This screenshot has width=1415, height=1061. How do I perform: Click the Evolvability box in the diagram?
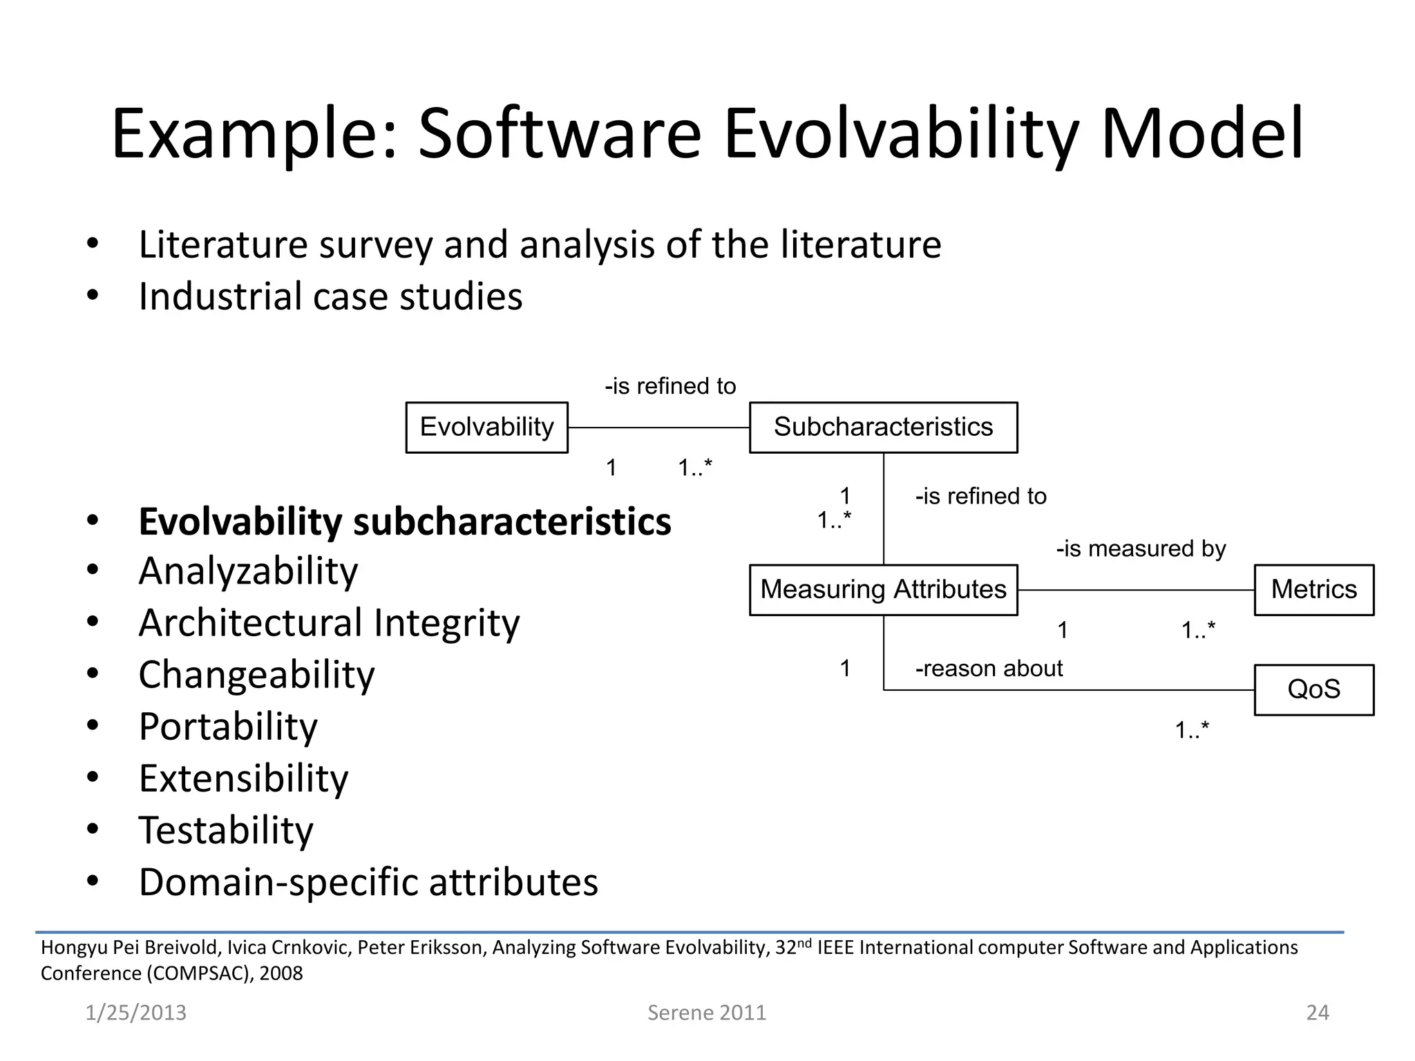click(486, 428)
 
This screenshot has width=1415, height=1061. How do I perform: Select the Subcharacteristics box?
click(883, 428)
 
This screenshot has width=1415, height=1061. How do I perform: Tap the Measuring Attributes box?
click(883, 590)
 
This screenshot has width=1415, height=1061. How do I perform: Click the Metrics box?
click(1313, 590)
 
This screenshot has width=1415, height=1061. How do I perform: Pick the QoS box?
click(1313, 689)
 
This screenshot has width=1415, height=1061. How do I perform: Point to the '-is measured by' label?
click(1141, 549)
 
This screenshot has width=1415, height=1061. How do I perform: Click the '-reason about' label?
click(989, 669)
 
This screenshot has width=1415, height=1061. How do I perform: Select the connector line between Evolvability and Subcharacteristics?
click(658, 428)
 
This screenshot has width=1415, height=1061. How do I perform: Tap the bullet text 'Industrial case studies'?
click(330, 296)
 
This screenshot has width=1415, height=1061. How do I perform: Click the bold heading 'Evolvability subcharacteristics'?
click(405, 522)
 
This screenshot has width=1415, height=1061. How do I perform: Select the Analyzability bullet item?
click(248, 571)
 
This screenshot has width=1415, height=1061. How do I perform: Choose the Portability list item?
click(228, 727)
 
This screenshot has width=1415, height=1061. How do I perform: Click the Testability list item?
click(226, 830)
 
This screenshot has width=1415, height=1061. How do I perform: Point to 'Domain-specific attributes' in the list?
click(368, 883)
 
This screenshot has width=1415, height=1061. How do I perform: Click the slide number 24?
click(1317, 1013)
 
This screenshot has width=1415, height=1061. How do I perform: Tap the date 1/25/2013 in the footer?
click(135, 1013)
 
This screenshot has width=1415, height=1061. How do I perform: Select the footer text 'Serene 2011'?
click(706, 1013)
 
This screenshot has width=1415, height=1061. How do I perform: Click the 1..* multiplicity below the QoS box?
click(1192, 730)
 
